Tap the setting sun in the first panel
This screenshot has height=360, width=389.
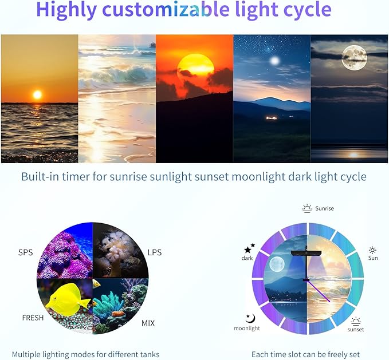coord(37,94)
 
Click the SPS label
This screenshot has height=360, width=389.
coord(25,252)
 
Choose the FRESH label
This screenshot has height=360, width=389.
coord(33,318)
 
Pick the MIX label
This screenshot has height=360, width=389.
coord(148,323)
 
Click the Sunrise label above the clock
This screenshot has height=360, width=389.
coord(324,208)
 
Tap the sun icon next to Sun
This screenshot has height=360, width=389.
coord(373,250)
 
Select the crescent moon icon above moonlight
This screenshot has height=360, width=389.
coord(248,318)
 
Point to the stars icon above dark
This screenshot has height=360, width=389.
coord(249,248)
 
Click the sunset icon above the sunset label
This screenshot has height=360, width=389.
coord(356,321)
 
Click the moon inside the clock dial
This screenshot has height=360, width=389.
coord(277,264)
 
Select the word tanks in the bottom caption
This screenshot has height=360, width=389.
coord(148,354)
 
